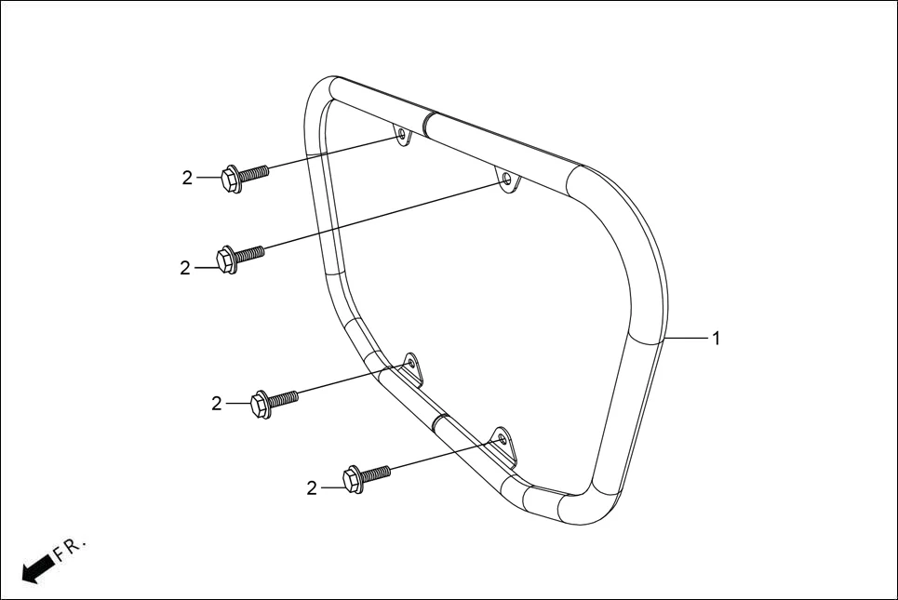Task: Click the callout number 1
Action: (716, 339)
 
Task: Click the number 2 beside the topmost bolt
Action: (187, 178)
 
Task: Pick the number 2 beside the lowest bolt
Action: (312, 487)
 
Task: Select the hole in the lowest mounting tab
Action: (501, 437)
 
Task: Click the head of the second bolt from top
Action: (225, 260)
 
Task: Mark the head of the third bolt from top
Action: (260, 406)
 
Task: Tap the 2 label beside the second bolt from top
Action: (185, 268)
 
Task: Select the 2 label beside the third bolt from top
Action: (217, 404)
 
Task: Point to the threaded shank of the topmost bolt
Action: (256, 172)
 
